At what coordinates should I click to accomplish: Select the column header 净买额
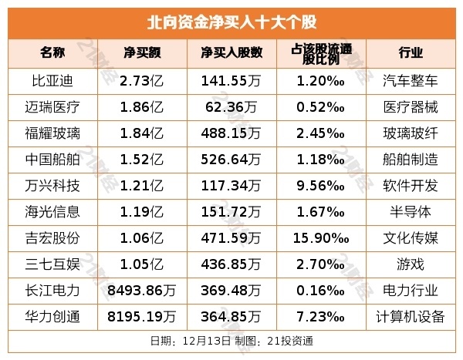point(142,53)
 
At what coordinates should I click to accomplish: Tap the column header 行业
point(411,53)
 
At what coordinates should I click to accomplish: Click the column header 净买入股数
point(231,53)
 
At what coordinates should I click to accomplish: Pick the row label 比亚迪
point(53,80)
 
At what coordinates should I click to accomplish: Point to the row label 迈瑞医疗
point(53,106)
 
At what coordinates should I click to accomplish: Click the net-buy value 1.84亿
point(142,133)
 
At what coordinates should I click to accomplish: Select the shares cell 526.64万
point(231,159)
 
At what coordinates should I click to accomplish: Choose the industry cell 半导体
point(411,211)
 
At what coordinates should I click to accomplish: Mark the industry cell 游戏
point(411,264)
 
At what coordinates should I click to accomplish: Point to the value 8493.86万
point(142,290)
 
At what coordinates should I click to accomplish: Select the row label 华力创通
point(53,316)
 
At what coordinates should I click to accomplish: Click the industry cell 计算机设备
point(411,316)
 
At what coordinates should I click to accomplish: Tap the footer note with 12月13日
point(231,340)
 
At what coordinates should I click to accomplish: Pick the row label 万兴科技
point(53,185)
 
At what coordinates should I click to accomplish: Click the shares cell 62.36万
point(231,106)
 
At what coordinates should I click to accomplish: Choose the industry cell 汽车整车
point(411,80)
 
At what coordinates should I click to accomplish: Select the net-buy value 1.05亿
point(142,264)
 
